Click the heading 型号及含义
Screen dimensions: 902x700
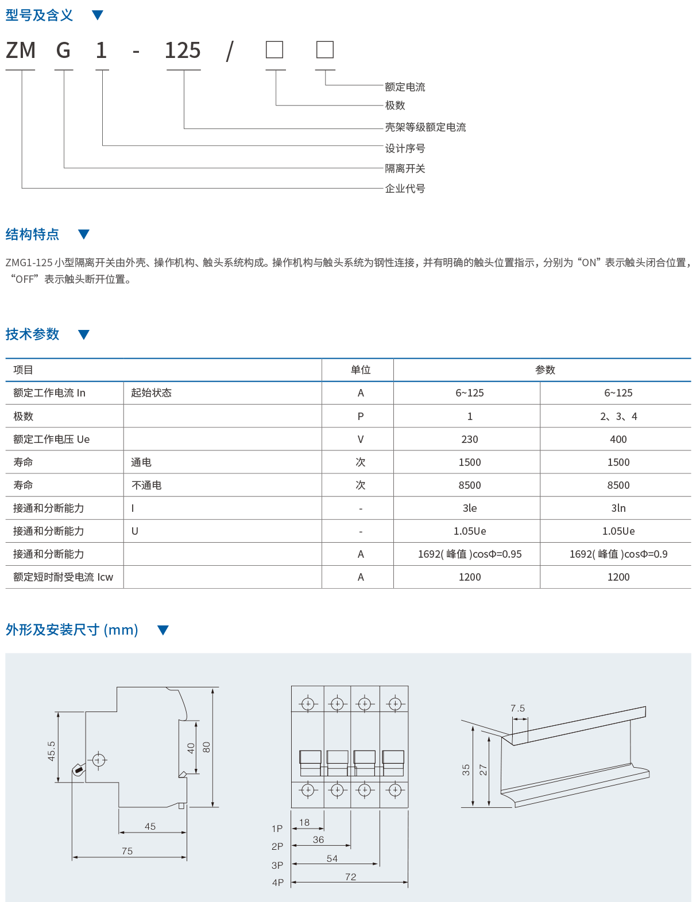coord(39,15)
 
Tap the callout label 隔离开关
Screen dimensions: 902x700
coord(405,169)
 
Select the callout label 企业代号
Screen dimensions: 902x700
coord(405,189)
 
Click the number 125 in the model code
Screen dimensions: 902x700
coord(183,51)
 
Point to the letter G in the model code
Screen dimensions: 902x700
coord(63,51)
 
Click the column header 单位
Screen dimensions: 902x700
coord(361,370)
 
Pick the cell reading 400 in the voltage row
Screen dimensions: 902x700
coord(618,440)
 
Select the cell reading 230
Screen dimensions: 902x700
coord(469,440)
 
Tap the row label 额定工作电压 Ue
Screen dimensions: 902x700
coord(52,440)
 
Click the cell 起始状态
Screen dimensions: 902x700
coord(151,393)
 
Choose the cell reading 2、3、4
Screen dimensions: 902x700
coord(618,417)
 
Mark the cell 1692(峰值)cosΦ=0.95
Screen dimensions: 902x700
coord(469,554)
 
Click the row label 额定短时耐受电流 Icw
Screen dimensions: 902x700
coord(63,577)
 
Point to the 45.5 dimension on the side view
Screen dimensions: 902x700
coord(52,751)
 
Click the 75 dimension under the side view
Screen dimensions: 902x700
coord(127,851)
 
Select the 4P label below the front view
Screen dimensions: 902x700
coord(278,882)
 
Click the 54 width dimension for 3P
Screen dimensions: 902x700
coord(332,858)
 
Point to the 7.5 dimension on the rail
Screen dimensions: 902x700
coord(517,709)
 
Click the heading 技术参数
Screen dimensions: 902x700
coord(33,335)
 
